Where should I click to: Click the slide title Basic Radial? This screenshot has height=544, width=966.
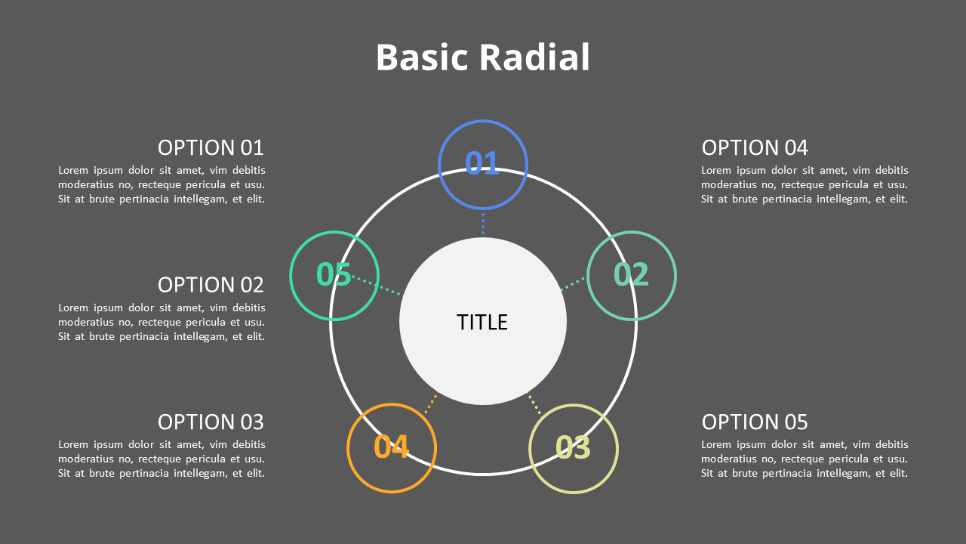tap(482, 58)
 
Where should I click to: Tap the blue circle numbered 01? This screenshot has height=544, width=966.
tap(483, 163)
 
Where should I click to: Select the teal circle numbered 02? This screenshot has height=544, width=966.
tap(632, 275)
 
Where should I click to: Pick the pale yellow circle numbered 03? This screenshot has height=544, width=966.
tap(574, 448)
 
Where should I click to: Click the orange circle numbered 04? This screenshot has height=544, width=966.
tap(392, 447)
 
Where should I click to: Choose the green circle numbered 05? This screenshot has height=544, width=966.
tap(334, 275)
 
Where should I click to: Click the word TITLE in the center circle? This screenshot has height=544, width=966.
tap(482, 323)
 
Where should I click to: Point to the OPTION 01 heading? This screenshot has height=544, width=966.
tap(211, 147)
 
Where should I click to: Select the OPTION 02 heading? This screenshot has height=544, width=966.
tap(211, 285)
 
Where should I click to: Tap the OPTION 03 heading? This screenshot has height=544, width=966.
tap(211, 422)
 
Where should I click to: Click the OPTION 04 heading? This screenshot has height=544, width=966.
tap(755, 147)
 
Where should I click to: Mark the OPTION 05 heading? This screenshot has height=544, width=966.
tap(755, 422)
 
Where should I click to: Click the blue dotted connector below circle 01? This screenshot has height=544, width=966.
tap(483, 224)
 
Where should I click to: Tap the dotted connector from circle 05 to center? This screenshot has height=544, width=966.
tap(377, 285)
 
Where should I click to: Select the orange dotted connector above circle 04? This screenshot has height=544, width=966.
tap(431, 404)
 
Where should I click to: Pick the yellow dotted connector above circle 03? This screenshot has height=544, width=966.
tap(534, 404)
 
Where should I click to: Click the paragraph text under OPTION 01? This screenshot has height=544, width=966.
tap(162, 185)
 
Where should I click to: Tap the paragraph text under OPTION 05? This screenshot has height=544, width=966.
tap(804, 459)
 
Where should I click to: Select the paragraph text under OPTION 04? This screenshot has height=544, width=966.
tap(804, 185)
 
